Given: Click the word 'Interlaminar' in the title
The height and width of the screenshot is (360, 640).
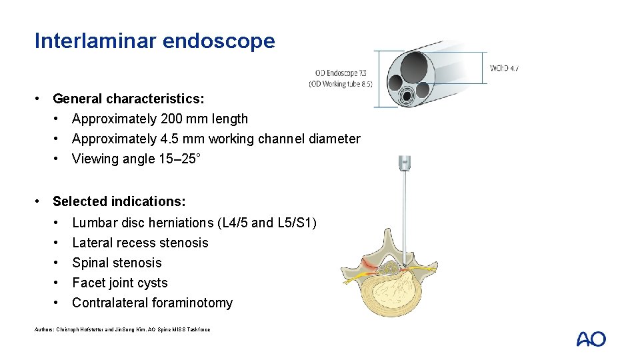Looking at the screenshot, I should click(x=95, y=41).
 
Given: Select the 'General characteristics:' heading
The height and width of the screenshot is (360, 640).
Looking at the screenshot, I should click(x=129, y=99).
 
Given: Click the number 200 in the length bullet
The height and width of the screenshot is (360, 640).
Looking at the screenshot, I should click(x=171, y=119).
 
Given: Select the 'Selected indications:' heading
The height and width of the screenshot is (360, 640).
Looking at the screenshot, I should click(x=119, y=201).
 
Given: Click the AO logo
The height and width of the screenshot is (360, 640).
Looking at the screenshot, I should click(x=591, y=339).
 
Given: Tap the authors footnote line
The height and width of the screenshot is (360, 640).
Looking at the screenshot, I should click(x=122, y=330).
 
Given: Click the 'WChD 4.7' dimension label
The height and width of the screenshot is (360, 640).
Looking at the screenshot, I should click(x=504, y=68).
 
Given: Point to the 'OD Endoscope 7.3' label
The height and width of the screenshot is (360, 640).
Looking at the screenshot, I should click(x=341, y=73).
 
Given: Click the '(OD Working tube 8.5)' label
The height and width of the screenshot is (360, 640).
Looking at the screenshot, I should click(x=341, y=84).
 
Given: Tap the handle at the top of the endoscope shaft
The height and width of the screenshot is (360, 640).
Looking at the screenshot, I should click(x=404, y=163).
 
